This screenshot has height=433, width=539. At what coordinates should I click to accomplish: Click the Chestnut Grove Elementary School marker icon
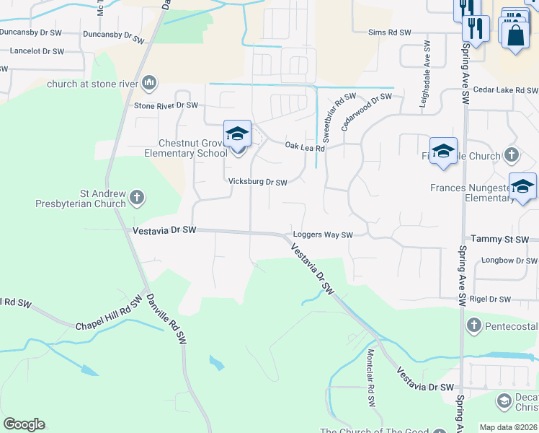coord(237,134)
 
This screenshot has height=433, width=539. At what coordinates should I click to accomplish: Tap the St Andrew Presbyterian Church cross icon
coord(136,196)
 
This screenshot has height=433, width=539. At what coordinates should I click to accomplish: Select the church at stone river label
coord(93,84)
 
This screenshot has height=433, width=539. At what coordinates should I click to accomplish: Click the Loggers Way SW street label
coord(323,235)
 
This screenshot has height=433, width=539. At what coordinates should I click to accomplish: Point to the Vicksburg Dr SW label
coord(258,183)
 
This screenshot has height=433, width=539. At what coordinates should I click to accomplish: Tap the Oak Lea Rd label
coord(306,146)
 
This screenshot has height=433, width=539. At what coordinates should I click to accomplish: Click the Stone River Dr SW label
coord(166,105)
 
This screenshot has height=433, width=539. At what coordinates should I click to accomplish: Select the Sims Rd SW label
coord(389,33)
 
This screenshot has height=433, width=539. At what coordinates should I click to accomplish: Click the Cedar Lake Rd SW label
coord(506,91)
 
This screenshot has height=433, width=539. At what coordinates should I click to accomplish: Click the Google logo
coord(24,424)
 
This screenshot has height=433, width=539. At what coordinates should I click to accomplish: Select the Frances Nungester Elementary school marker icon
coord(522,186)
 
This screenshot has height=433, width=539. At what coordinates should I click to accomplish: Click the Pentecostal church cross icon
coord(473,325)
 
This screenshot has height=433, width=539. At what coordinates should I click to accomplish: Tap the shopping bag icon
coord(516,34)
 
